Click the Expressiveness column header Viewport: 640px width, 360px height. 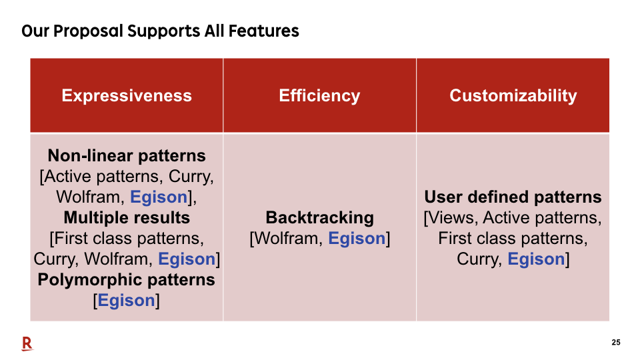[x=127, y=95]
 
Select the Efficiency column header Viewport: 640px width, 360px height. [x=319, y=95]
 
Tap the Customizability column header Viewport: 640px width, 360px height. [x=513, y=95]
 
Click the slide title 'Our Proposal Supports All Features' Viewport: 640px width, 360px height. [x=160, y=31]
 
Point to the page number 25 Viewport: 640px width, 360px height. [x=616, y=343]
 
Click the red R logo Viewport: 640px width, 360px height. [x=27, y=344]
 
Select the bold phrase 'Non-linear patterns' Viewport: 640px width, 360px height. [x=127, y=155]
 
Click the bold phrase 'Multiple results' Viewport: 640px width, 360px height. [x=127, y=217]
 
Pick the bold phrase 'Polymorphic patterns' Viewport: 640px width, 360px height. [x=127, y=279]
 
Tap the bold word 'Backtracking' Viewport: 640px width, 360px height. [x=319, y=218]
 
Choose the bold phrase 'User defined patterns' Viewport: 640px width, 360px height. [x=513, y=197]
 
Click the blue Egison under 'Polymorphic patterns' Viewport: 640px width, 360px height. [x=127, y=301]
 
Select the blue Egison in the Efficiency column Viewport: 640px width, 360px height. [x=357, y=239]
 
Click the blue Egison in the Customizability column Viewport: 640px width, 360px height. [x=536, y=259]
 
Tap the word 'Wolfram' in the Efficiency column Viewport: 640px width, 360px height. [x=288, y=239]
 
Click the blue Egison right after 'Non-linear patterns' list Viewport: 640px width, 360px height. [x=159, y=197]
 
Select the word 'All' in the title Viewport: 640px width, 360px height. [x=214, y=31]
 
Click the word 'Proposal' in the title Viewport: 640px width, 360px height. [x=88, y=31]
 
